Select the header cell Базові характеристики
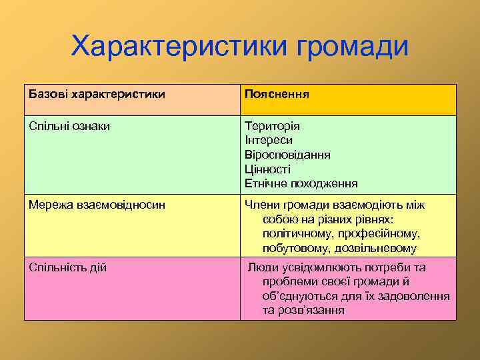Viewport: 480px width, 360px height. pyautogui.click(x=97, y=95)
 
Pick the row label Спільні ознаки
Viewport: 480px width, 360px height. pyautogui.click(x=69, y=126)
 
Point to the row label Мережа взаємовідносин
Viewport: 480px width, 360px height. pyautogui.click(x=97, y=205)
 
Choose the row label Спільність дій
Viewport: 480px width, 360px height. pyautogui.click(x=67, y=267)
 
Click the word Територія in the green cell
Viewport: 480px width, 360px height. pyautogui.click(x=272, y=126)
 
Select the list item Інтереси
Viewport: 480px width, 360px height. pyautogui.click(x=269, y=140)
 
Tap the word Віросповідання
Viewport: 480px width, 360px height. pyautogui.click(x=287, y=155)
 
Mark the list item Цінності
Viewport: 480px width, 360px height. pyautogui.click(x=267, y=169)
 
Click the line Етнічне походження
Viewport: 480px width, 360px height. pyautogui.click(x=301, y=183)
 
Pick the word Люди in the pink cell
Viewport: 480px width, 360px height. pyautogui.click(x=262, y=267)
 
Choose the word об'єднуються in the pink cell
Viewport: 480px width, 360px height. pyautogui.click(x=299, y=296)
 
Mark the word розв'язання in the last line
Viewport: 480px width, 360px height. pyautogui.click(x=313, y=310)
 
